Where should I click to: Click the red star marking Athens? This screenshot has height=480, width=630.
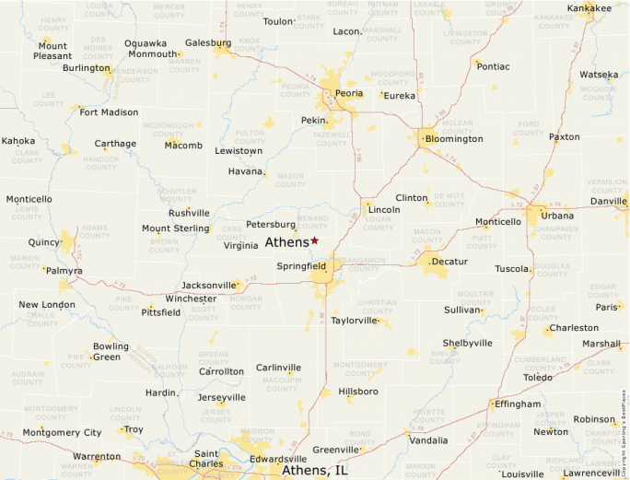pos(314,240)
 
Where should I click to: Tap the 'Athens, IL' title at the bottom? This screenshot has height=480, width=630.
pos(314,471)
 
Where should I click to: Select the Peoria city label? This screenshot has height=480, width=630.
pos(349,94)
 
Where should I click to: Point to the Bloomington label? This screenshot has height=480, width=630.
pos(454,139)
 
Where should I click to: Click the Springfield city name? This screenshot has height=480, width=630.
pos(301,266)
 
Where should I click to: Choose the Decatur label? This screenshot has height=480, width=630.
pos(449,262)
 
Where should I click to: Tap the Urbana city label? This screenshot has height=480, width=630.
pos(556,216)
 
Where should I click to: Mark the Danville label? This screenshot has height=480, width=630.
pos(608,201)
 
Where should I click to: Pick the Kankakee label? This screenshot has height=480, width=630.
pos(589,8)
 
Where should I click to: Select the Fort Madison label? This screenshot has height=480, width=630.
pos(109,112)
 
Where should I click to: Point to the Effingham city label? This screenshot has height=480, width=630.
pos(518,404)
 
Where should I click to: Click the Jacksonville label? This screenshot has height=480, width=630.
pos(209,286)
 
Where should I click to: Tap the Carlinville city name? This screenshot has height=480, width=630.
pos(278,368)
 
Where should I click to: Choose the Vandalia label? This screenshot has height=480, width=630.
pos(428,440)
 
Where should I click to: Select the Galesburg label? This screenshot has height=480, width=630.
pos(208,43)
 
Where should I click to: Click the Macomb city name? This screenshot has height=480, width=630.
pos(183,145)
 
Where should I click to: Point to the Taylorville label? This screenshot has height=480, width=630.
pos(355,321)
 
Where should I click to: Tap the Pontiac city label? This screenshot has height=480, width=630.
pos(493,66)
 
